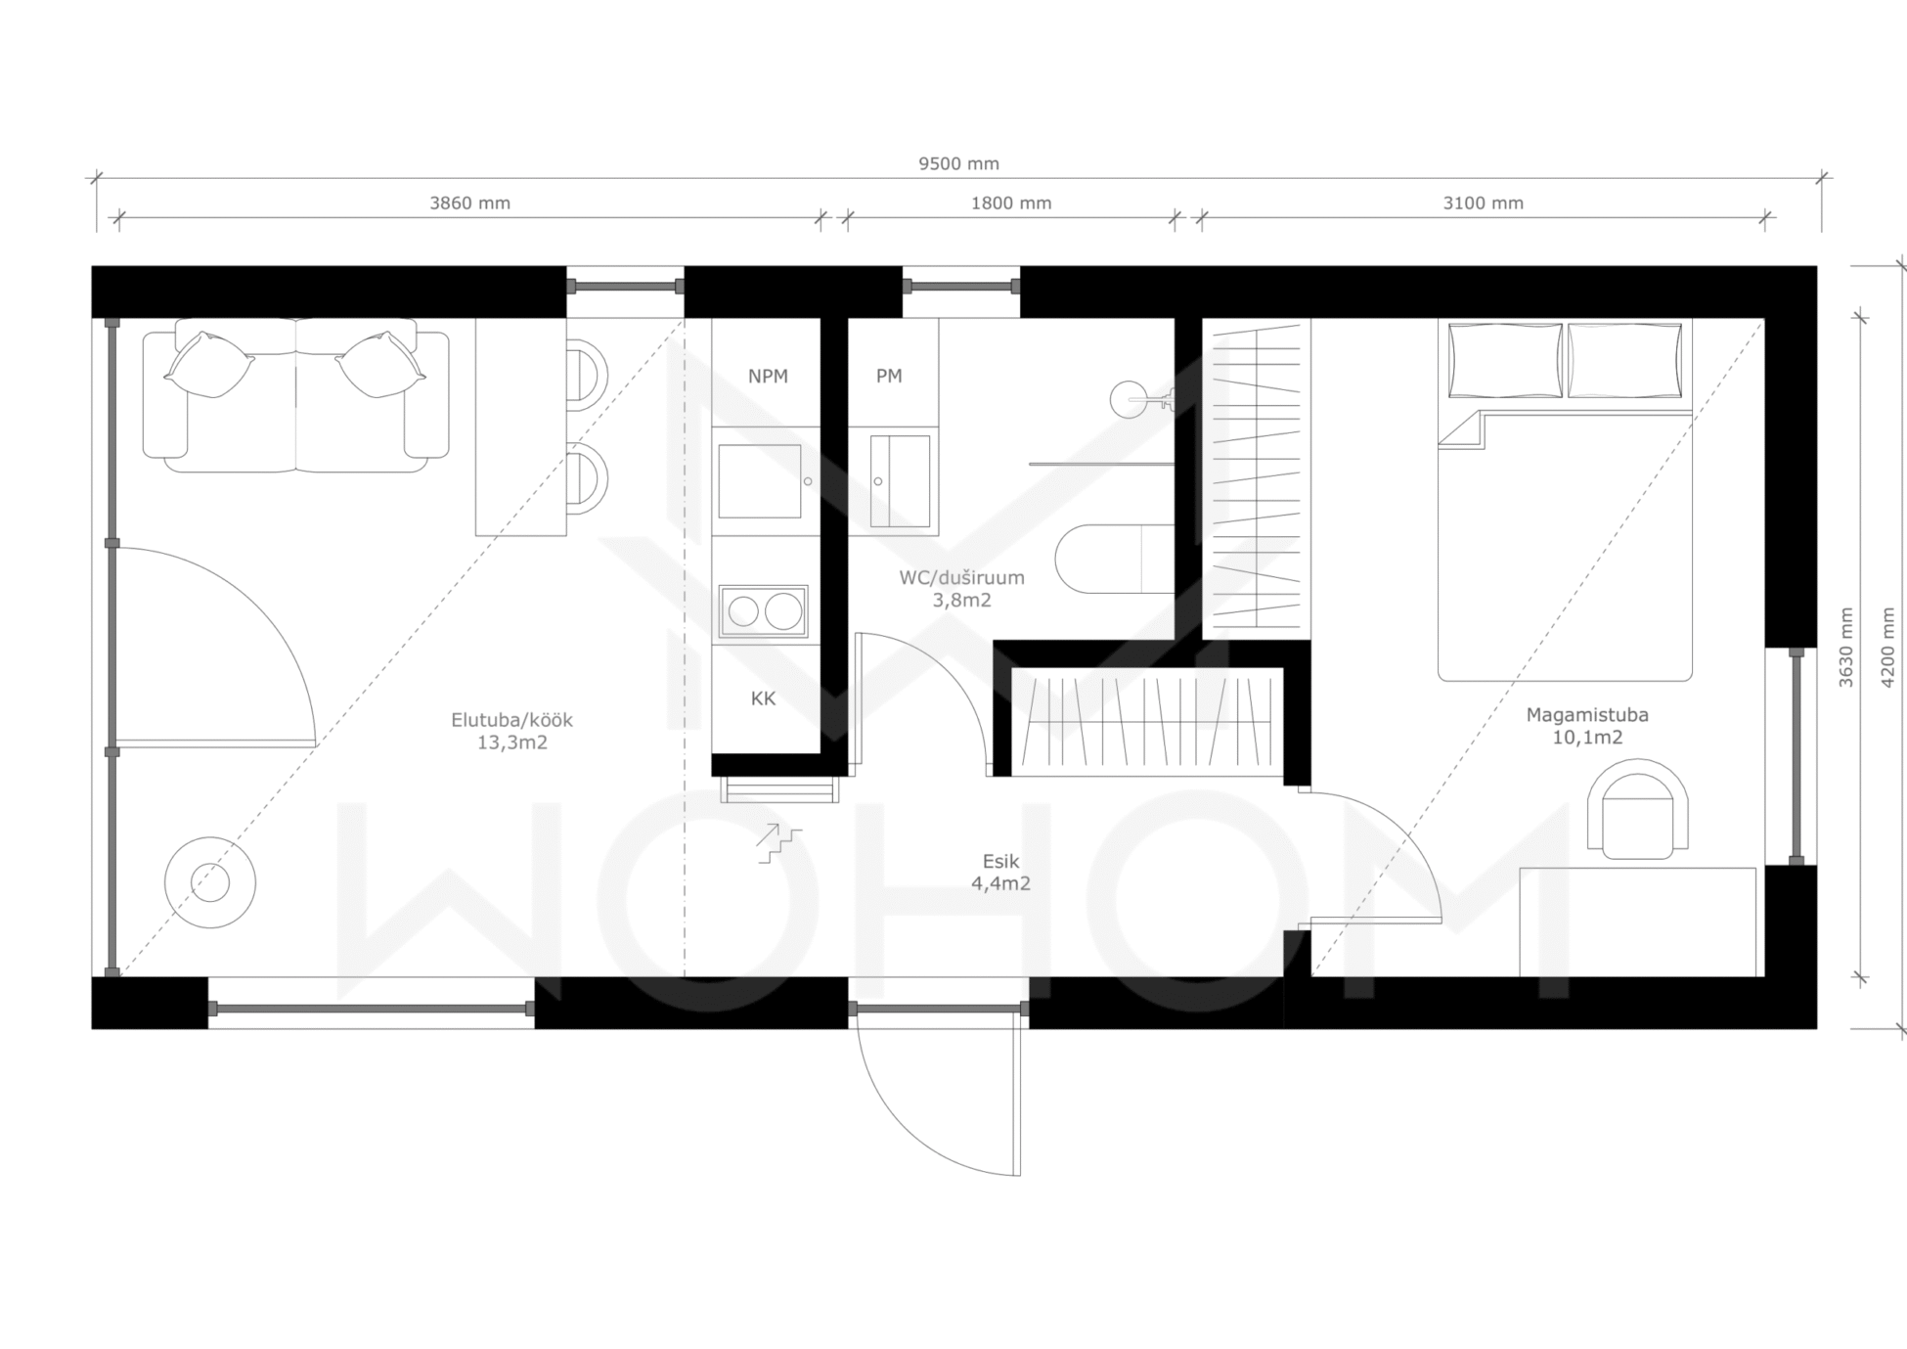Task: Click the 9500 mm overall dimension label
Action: point(958,164)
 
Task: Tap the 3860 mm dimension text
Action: point(469,203)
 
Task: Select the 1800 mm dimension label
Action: point(1011,203)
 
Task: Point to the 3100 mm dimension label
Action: point(1483,203)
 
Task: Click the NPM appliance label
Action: point(768,377)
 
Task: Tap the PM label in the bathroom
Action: point(889,376)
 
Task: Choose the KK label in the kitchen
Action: point(763,698)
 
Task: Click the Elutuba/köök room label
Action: point(511,720)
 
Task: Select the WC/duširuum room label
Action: point(961,577)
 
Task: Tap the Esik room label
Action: point(1000,862)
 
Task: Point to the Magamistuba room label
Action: point(1587,715)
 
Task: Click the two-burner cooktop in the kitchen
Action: point(763,611)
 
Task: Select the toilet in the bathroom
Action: point(1114,560)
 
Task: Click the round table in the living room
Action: point(210,882)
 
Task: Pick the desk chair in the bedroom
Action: point(1637,810)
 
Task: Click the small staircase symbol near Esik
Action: point(778,843)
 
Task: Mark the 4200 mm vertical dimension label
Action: point(1888,647)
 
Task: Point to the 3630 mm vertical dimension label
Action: point(1845,647)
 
